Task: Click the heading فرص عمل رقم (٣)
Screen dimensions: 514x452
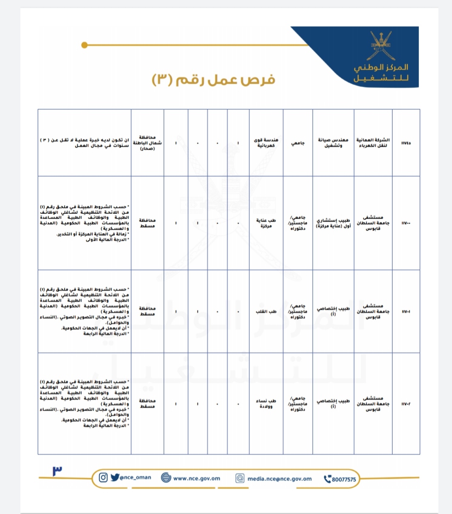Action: click(x=214, y=80)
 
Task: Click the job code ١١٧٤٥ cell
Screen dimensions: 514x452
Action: click(x=406, y=143)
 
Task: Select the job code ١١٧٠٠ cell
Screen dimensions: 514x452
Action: click(x=406, y=223)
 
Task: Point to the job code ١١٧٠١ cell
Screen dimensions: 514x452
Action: click(x=406, y=311)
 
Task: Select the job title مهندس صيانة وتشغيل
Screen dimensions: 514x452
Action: click(x=333, y=143)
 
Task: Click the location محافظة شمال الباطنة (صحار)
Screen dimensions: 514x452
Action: click(x=147, y=143)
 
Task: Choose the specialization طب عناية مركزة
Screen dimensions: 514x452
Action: click(x=266, y=223)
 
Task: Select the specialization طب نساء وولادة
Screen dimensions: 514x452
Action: click(x=266, y=403)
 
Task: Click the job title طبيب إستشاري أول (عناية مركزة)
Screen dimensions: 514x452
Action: click(x=333, y=223)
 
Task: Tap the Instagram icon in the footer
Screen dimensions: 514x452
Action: click(x=103, y=477)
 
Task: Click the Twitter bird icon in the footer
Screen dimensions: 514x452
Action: click(x=115, y=477)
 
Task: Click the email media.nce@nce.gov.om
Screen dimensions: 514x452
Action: click(x=279, y=479)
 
